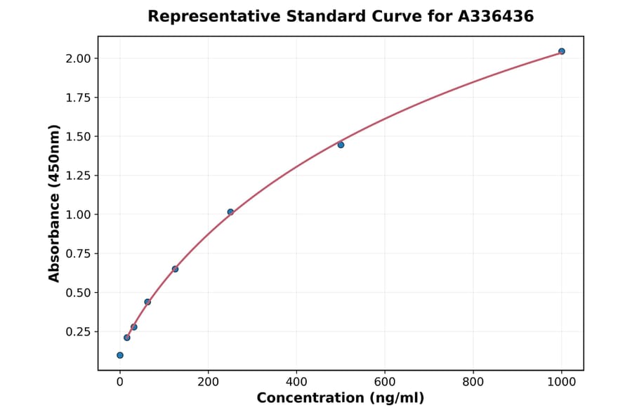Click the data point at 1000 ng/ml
tap(561, 51)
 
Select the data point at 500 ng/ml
tap(341, 145)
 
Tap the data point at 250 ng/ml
tap(230, 212)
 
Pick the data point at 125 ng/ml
tap(175, 269)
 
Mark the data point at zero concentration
tap(120, 355)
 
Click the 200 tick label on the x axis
tap(208, 383)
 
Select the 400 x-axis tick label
tap(296, 383)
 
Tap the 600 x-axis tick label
tap(385, 383)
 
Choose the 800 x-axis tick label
tap(473, 383)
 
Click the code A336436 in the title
tap(496, 16)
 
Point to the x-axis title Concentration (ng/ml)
tap(341, 399)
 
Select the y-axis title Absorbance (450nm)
tap(55, 204)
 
